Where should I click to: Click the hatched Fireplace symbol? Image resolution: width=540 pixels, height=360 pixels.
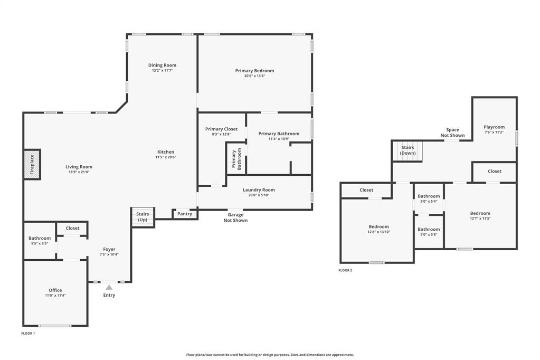point(32,164)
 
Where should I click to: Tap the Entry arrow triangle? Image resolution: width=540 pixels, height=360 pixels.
point(109,288)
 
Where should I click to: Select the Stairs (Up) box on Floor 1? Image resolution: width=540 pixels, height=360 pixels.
point(143,217)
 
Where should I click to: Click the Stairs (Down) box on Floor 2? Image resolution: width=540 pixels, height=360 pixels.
point(408,150)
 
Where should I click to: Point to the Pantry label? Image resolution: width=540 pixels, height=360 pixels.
point(185,214)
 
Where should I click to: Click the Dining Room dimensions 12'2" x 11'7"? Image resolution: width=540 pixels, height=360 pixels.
point(162,70)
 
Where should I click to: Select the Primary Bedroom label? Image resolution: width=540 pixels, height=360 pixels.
point(254,70)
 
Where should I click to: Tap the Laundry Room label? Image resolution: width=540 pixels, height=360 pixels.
point(259,190)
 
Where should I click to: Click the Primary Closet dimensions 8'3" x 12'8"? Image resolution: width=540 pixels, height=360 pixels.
point(221,134)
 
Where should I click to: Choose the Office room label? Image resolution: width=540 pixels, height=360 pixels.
point(55,290)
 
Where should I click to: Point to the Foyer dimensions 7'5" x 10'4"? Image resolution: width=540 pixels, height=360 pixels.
point(109,254)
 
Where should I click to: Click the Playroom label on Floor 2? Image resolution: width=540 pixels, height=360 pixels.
point(494,127)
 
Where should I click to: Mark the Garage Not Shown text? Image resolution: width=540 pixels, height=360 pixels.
point(235,217)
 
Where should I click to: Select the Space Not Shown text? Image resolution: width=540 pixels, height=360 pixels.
point(452,132)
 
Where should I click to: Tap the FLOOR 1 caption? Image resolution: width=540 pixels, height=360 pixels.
point(28,334)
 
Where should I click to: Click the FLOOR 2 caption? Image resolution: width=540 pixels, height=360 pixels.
point(345,270)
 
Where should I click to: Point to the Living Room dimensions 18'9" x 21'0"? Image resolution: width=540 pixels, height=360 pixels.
point(79,172)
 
